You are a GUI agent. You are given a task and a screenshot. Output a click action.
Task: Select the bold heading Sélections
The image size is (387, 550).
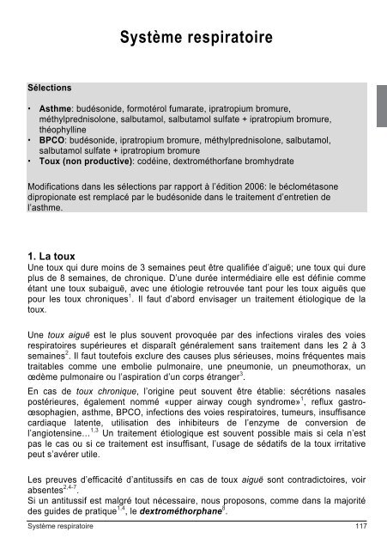pos(51,89)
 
